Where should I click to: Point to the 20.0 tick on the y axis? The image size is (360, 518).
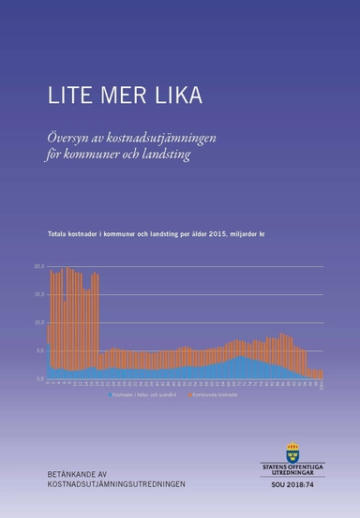[39, 266]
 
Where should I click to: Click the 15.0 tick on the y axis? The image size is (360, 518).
[39, 294]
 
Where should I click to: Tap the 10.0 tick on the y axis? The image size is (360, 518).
[39, 322]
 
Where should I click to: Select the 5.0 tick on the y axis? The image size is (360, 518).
[40, 350]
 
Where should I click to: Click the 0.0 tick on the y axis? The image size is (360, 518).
[40, 378]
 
